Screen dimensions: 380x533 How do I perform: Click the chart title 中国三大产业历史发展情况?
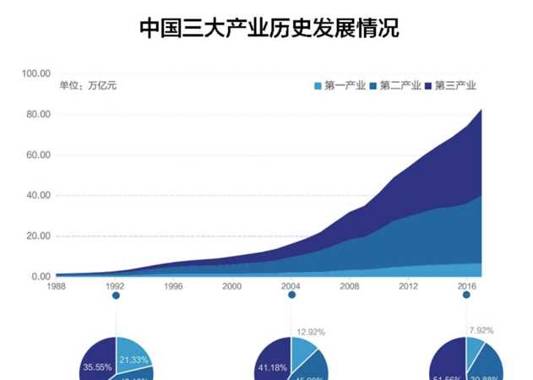point(269,29)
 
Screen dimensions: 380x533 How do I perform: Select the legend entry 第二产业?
point(394,85)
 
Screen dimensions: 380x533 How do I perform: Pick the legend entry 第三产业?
point(450,85)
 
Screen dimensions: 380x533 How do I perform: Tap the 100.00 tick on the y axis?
point(37,74)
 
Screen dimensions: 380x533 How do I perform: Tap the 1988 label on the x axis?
point(57,286)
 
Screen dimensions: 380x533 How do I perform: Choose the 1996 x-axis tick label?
point(174,286)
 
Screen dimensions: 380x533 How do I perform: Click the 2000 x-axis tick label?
point(232,286)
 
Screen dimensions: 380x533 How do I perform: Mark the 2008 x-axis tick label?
point(350,286)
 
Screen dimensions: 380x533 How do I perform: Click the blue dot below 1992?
point(116,296)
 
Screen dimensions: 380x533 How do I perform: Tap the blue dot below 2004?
point(291,296)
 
